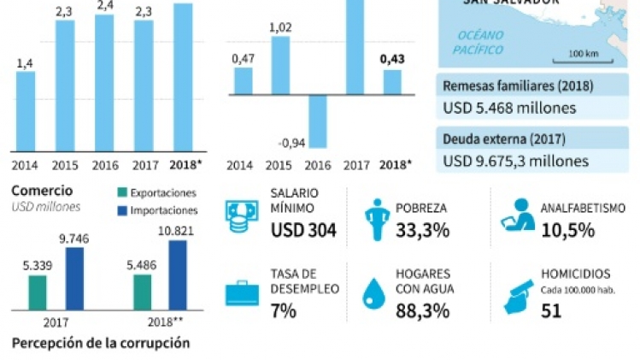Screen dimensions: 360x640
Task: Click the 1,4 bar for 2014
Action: (x=26, y=109)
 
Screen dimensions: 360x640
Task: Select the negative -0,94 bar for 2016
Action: (x=318, y=121)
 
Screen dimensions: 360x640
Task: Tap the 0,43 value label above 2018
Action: (x=392, y=59)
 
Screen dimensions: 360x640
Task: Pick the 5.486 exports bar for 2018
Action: (x=142, y=292)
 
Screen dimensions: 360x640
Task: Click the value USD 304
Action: (x=303, y=229)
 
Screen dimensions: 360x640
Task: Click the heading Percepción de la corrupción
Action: (x=100, y=344)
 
